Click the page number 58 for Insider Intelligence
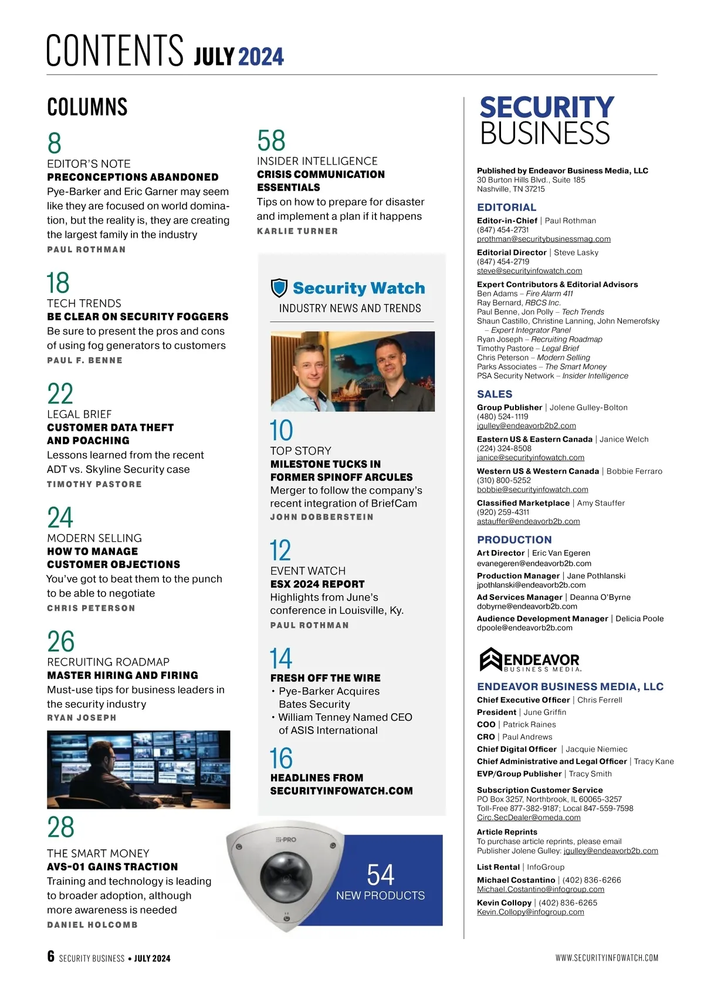[x=271, y=141]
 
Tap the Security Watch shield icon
[x=279, y=288]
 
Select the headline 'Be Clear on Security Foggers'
[x=137, y=317]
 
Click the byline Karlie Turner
[x=297, y=231]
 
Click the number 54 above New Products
[x=380, y=874]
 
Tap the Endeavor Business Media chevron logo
[x=490, y=660]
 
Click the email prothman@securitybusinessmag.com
[x=543, y=239]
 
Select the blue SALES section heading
[x=495, y=394]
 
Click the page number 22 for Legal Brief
[x=60, y=394]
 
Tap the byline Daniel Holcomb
[x=92, y=925]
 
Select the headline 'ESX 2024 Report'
[x=317, y=585]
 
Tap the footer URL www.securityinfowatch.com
[x=607, y=958]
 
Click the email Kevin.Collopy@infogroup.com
[x=530, y=912]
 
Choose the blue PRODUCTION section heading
[x=514, y=540]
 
